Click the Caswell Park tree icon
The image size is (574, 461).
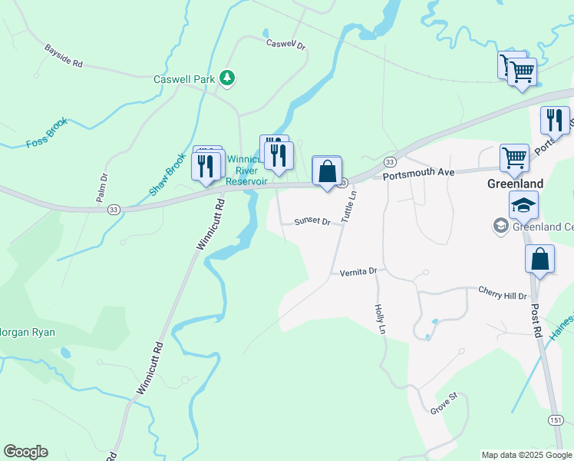pyautogui.click(x=227, y=78)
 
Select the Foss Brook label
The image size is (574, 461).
pyautogui.click(x=47, y=132)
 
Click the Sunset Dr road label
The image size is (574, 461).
pyautogui.click(x=312, y=222)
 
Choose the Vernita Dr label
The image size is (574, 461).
pyautogui.click(x=358, y=271)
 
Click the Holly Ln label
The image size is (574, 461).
pyautogui.click(x=379, y=317)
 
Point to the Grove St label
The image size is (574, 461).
pyautogui.click(x=444, y=403)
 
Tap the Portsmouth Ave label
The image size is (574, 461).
pyautogui.click(x=419, y=174)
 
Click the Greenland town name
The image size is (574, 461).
pyautogui.click(x=516, y=184)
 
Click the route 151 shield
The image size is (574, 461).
pyautogui.click(x=556, y=420)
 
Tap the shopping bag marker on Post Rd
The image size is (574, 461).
pyautogui.click(x=540, y=260)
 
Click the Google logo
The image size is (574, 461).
pyautogui.click(x=25, y=452)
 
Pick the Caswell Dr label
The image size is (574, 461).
pyautogui.click(x=286, y=45)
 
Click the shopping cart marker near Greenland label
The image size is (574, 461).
pyautogui.click(x=514, y=158)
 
